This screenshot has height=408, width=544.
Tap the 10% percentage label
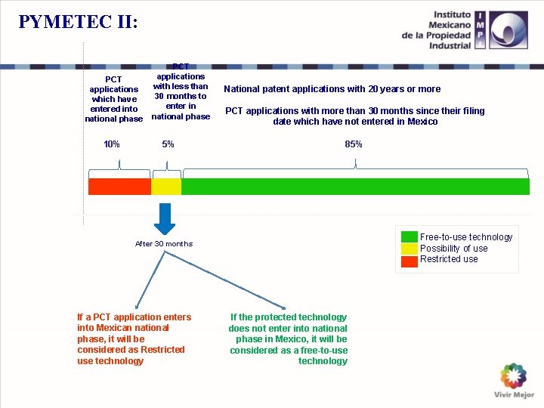pyautogui.click(x=111, y=144)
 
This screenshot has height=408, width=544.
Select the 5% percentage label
pyautogui.click(x=168, y=144)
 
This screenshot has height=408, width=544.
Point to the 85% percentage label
pyautogui.click(x=353, y=144)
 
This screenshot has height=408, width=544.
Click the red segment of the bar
pyautogui.click(x=119, y=187)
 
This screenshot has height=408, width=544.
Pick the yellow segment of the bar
pyautogui.click(x=166, y=187)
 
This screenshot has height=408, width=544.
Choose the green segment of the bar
pyautogui.click(x=355, y=187)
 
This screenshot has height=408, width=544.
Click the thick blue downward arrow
pyautogui.click(x=165, y=217)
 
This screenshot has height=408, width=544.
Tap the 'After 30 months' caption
pyautogui.click(x=164, y=244)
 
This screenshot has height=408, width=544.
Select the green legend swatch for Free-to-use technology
pyautogui.click(x=409, y=236)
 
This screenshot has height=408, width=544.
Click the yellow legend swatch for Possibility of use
pyautogui.click(x=409, y=248)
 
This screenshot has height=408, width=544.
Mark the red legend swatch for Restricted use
pyautogui.click(x=409, y=261)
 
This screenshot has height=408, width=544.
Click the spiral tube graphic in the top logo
pyautogui.click(x=508, y=30)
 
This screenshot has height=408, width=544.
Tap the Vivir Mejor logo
pyautogui.click(x=514, y=381)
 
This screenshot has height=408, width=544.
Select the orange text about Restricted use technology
pyautogui.click(x=134, y=339)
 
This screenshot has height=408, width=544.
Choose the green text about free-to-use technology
pyautogui.click(x=289, y=339)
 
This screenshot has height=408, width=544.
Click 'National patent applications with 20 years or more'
pyautogui.click(x=332, y=89)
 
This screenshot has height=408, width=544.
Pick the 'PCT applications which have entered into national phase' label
pyautogui.click(x=113, y=99)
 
